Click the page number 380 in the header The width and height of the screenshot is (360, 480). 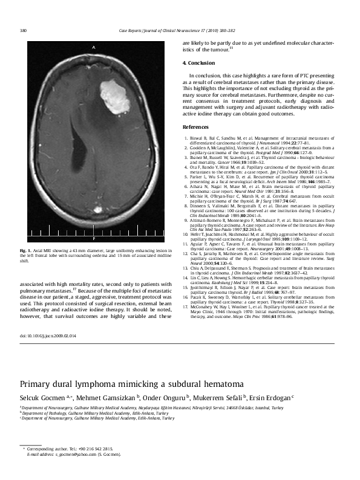pyautogui.click(x=24, y=30)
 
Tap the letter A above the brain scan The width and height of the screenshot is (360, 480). pyautogui.click(x=94, y=47)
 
